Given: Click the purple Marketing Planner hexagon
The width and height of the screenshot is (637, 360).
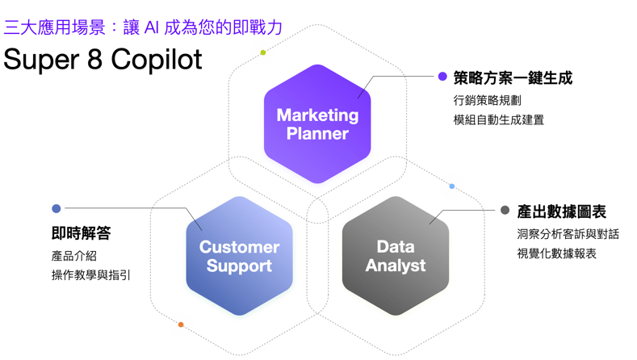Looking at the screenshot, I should (317, 123).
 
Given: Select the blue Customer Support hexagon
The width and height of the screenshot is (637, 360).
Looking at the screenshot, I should (239, 256).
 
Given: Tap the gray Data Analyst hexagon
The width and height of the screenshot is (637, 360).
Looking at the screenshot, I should (396, 256).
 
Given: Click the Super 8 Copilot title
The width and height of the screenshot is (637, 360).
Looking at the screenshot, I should (103, 59).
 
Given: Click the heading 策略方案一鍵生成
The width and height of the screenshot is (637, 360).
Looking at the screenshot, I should (513, 78).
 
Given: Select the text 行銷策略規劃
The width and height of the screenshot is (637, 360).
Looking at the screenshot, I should (487, 100).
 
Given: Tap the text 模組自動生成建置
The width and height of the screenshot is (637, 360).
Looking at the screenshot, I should (498, 119).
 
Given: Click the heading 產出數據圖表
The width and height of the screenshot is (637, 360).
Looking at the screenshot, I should (561, 211).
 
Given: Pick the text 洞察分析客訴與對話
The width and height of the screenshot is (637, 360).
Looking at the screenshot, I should (568, 234).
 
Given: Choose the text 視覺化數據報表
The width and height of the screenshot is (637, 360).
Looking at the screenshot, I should (556, 253).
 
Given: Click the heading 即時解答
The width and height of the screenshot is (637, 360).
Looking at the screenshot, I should (81, 233).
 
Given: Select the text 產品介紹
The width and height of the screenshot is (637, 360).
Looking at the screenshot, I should (73, 255).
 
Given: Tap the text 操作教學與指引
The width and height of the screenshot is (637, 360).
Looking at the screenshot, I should (90, 275).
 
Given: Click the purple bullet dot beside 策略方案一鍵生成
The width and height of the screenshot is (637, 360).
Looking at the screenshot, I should (442, 77).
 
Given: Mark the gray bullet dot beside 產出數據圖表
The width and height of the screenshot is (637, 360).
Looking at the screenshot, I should (505, 211).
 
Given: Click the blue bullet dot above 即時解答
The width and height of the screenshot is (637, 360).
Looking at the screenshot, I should (57, 209).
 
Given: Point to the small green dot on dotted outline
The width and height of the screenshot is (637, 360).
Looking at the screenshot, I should (263, 53).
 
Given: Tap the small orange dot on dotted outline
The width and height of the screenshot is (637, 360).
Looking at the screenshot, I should (181, 324).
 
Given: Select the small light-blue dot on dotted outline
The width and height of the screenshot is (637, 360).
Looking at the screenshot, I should (452, 186).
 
